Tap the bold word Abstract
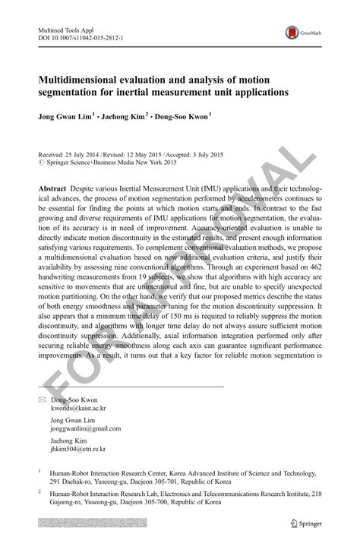tap(52, 187)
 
